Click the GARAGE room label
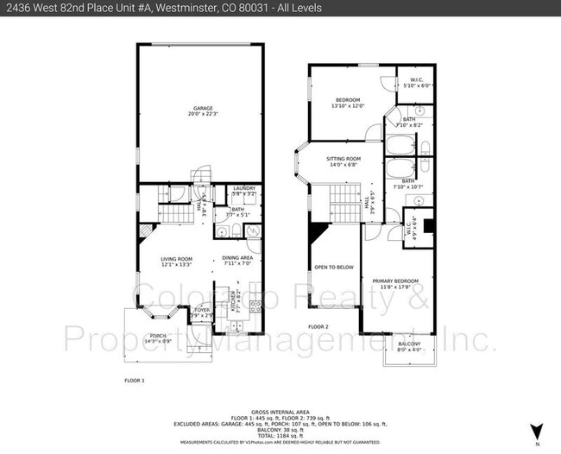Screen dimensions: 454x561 (x=203, y=111)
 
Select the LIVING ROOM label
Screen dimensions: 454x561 (x=176, y=261)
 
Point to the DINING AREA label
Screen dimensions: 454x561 (x=236, y=261)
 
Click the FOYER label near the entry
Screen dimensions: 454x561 (x=201, y=312)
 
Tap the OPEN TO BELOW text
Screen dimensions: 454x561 (x=333, y=268)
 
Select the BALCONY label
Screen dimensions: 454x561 (x=408, y=346)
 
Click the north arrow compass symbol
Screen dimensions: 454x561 (x=537, y=430)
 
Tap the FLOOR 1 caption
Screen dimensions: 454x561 (x=134, y=380)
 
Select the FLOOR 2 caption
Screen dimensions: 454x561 (x=318, y=327)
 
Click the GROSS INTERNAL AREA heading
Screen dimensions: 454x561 (x=280, y=413)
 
